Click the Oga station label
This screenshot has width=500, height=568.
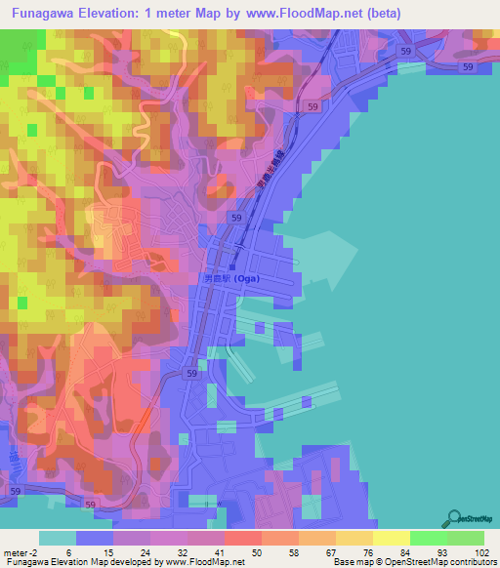[235, 277]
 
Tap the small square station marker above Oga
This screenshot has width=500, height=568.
[232, 264]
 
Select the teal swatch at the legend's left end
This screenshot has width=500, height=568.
[58, 538]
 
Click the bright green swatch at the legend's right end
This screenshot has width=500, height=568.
[465, 538]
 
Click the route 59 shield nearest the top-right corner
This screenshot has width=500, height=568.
[469, 66]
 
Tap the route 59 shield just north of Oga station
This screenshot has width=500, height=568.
[237, 219]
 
